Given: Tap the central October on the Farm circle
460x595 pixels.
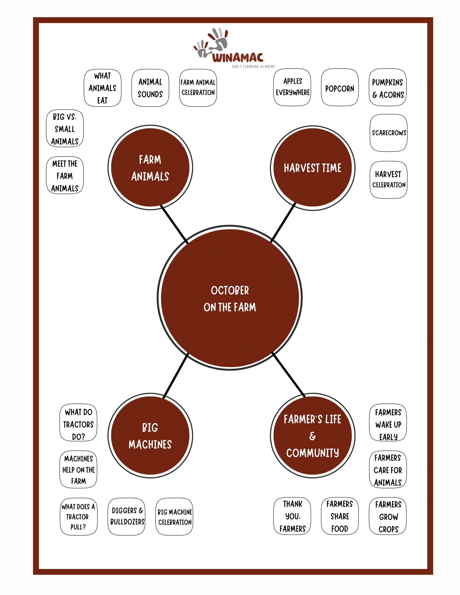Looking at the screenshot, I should (x=230, y=298).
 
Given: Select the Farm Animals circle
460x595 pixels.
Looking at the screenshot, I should (x=150, y=168).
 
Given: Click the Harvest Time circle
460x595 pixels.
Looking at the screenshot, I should (x=313, y=168).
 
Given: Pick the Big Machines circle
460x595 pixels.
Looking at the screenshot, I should (x=150, y=436).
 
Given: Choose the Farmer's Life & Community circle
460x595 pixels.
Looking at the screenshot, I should (x=313, y=436).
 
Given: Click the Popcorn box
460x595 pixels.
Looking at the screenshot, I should (x=340, y=87).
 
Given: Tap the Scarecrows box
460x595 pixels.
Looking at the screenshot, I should (x=389, y=133).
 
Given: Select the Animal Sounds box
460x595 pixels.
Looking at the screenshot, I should (x=150, y=88).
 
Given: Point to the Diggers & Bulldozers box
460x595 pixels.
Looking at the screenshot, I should (x=126, y=517).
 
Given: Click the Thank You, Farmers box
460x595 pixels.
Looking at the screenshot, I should (x=292, y=516).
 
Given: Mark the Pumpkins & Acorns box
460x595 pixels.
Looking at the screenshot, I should (x=387, y=87).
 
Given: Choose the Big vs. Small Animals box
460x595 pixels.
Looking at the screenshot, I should (x=65, y=128).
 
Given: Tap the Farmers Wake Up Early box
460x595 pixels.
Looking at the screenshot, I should (x=388, y=422).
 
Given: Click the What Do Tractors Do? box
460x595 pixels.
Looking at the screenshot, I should (x=78, y=422).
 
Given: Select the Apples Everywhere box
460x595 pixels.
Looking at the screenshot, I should (x=292, y=87).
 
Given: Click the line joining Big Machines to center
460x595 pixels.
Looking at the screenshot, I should (x=176, y=375).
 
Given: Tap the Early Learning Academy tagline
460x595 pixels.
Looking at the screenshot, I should (x=254, y=67).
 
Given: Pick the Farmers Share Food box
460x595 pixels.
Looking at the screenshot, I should (x=340, y=516).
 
